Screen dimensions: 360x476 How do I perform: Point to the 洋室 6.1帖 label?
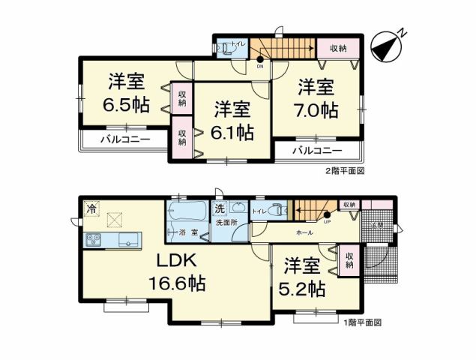(x=232, y=121)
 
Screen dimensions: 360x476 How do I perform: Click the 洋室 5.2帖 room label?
(x=304, y=277)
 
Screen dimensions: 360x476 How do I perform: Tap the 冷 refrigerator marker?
(x=91, y=207)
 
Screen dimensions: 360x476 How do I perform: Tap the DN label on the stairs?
(x=259, y=65)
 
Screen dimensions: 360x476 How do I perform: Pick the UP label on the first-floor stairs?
(x=327, y=221)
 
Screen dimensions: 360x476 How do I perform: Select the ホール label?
(x=305, y=233)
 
